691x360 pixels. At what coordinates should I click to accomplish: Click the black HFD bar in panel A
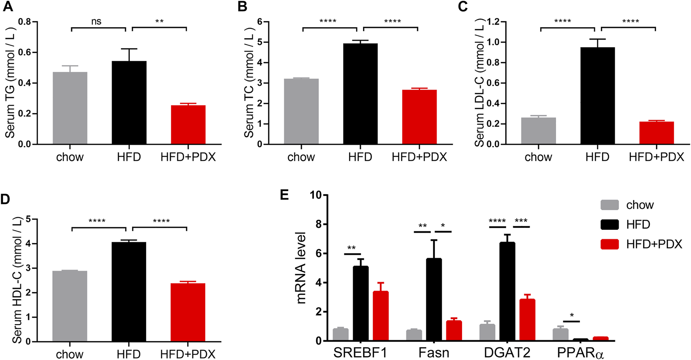click(x=129, y=103)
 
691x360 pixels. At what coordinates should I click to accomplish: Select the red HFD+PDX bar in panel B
click(x=419, y=117)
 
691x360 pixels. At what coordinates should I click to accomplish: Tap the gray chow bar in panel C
click(x=538, y=131)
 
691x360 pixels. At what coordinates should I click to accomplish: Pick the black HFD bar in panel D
click(x=129, y=292)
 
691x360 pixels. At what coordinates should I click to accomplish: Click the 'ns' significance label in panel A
click(x=96, y=22)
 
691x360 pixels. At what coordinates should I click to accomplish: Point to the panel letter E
click(x=285, y=195)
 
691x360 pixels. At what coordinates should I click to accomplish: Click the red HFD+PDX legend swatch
click(x=609, y=244)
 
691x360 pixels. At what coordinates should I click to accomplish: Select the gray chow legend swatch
click(x=609, y=205)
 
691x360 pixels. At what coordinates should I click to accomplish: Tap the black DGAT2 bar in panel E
click(x=507, y=292)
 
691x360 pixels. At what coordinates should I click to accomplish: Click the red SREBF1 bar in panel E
click(x=381, y=316)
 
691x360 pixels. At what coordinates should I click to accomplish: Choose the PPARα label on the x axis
click(x=580, y=353)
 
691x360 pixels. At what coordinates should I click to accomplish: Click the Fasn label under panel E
click(x=434, y=353)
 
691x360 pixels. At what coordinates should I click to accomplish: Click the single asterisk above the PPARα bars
click(x=572, y=315)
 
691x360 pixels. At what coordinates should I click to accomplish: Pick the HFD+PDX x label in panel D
click(x=188, y=354)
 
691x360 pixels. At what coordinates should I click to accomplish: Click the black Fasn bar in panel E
click(x=434, y=300)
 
